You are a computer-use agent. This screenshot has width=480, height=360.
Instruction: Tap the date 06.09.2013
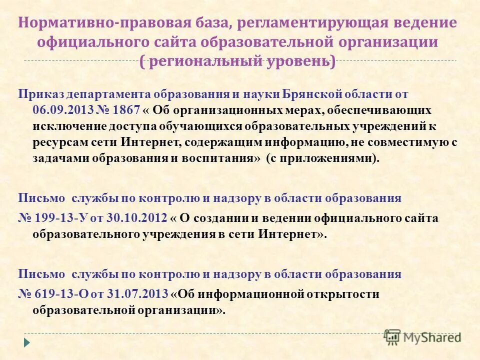(x=61, y=110)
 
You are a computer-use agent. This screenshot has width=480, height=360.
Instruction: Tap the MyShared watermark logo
(x=422, y=336)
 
